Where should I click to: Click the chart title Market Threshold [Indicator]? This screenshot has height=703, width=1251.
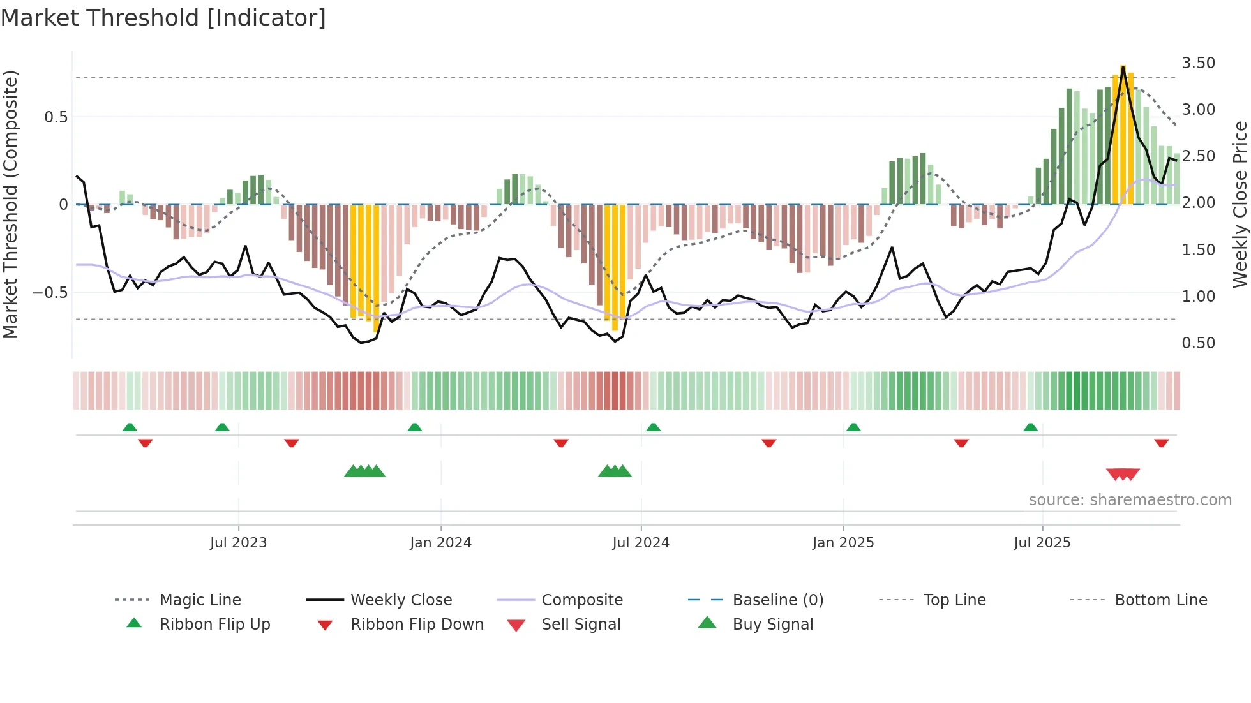pos(163,18)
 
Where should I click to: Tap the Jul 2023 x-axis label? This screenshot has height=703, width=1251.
pos(238,543)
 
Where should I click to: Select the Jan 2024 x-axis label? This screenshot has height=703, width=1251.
pos(440,543)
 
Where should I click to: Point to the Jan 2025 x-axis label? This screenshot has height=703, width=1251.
pos(843,543)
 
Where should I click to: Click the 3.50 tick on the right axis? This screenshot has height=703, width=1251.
pos(1198,63)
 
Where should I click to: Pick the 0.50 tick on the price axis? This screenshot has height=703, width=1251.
pos(1198,343)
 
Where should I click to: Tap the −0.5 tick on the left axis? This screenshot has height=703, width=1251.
pos(50,293)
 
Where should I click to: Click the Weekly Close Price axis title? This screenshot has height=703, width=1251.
pos(1240,204)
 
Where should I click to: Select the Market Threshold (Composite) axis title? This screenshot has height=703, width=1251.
pos(10,204)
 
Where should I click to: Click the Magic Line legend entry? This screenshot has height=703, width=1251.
pos(200,600)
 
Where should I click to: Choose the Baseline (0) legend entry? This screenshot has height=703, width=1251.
pos(777,600)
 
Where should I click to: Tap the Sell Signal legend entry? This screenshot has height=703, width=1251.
pos(580,625)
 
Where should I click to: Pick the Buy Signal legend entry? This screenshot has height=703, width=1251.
pos(772,625)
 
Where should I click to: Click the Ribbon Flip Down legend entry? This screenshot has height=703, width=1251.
pos(416,625)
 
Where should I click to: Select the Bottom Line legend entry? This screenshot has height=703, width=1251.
pos(1160,600)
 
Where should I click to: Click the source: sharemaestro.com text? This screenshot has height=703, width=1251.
pos(1130,500)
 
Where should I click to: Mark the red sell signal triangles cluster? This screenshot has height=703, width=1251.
pos(1123,474)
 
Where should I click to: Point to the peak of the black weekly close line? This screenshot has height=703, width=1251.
pos(1123,66)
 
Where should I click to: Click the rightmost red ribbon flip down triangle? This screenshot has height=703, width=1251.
pos(1161,443)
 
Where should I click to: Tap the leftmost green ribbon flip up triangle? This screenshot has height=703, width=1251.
pos(130,427)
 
